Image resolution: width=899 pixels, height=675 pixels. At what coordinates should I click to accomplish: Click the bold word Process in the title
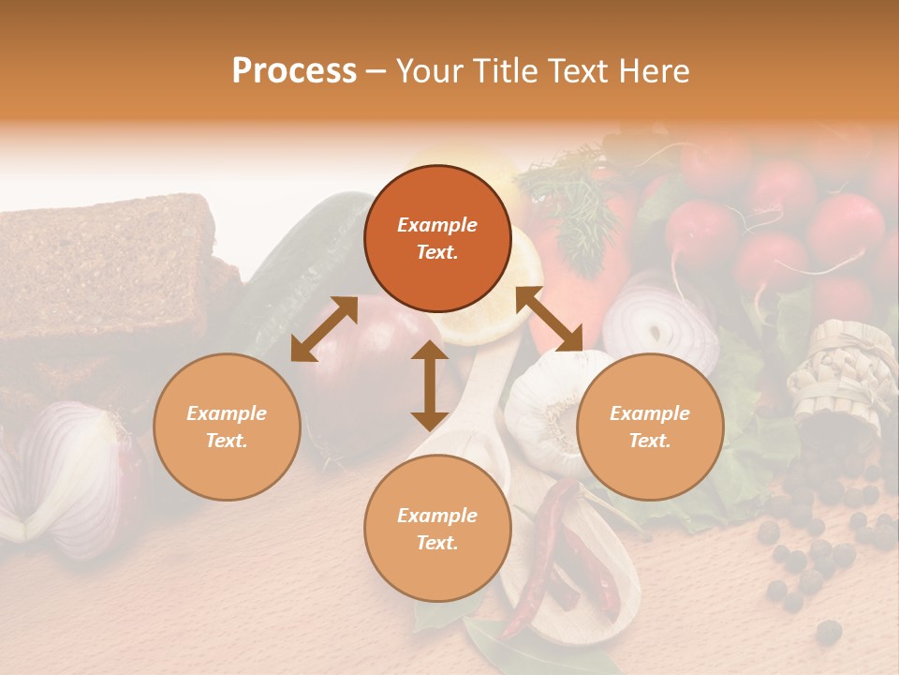294,71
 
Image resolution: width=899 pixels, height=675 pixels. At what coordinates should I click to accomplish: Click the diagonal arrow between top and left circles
324,328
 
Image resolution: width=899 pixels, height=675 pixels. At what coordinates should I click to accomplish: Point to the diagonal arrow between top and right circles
549,319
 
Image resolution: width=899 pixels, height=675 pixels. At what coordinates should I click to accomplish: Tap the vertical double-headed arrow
430,385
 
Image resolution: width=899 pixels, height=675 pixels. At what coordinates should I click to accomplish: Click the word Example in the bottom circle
437,516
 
